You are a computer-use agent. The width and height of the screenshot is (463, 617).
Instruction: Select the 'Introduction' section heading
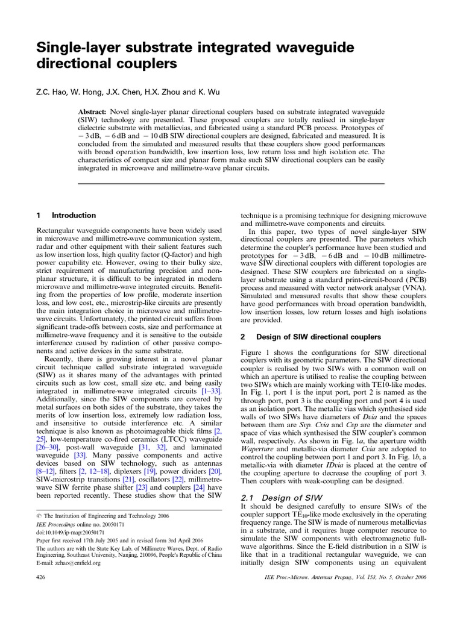click(74, 215)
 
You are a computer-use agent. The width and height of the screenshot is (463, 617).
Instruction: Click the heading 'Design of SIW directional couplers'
click(319, 337)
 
